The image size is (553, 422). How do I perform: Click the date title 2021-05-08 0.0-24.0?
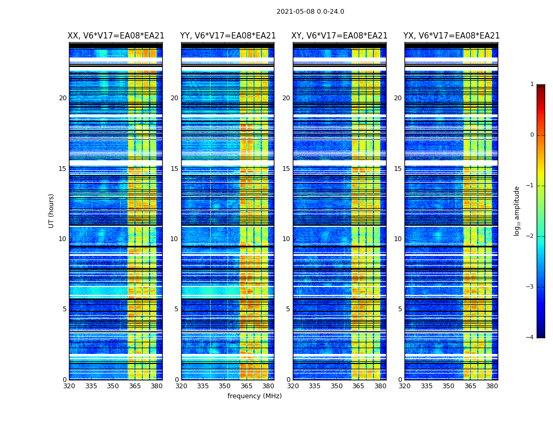310,12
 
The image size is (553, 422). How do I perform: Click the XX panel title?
116,36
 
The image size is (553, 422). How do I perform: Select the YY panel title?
228,36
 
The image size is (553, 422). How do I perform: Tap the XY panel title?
340,36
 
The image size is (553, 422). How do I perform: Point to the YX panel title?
451,36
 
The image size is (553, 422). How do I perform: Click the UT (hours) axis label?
52,210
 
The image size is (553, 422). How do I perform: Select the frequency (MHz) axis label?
254,396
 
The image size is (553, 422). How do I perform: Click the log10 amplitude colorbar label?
517,210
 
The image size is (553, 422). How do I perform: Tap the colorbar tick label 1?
532,84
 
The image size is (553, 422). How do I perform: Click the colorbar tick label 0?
532,135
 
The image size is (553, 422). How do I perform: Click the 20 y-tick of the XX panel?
63,98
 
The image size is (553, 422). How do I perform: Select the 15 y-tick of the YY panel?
174,169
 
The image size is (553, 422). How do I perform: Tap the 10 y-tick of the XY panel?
286,239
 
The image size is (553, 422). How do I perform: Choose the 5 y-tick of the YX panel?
400,309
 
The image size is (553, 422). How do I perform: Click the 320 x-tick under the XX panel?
69,386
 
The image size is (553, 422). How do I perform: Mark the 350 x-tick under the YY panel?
225,386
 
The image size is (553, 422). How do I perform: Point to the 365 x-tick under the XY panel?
358,386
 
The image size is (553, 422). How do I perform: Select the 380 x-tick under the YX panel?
492,386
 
